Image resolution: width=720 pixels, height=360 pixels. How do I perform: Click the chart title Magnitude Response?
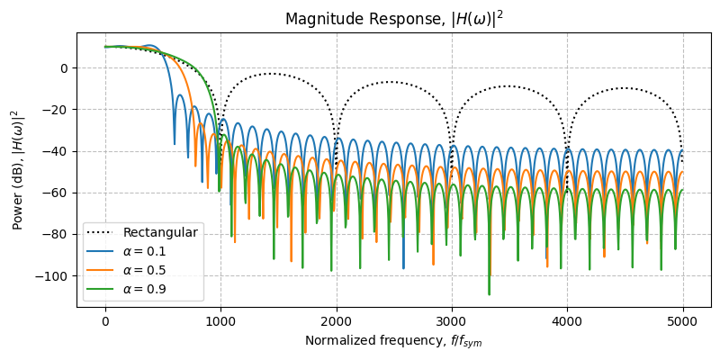(393, 19)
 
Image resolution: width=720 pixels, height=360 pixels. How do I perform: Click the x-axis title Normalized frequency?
(393, 341)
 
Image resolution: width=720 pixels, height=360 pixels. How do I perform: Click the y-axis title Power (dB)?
(16, 169)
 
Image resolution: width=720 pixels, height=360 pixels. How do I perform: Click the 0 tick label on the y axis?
(63, 67)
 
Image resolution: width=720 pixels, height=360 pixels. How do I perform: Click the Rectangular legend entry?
(160, 233)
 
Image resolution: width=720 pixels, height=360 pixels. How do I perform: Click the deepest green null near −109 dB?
(489, 293)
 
